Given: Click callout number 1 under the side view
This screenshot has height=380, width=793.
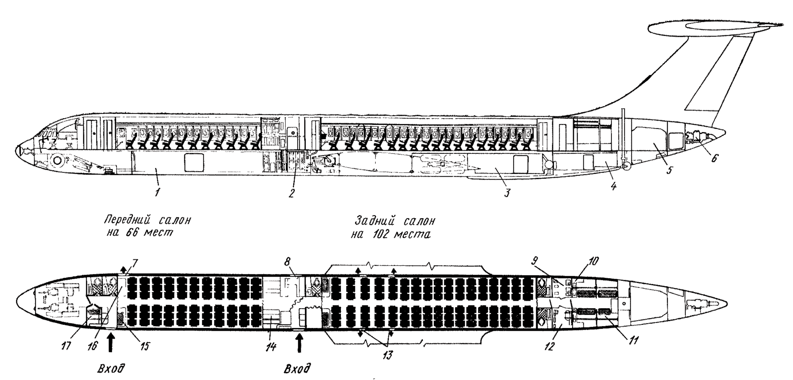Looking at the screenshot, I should pos(157,192).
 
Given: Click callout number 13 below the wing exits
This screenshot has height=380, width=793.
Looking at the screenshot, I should pos(388,355).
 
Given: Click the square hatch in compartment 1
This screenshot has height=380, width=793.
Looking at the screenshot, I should pos(194,162).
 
